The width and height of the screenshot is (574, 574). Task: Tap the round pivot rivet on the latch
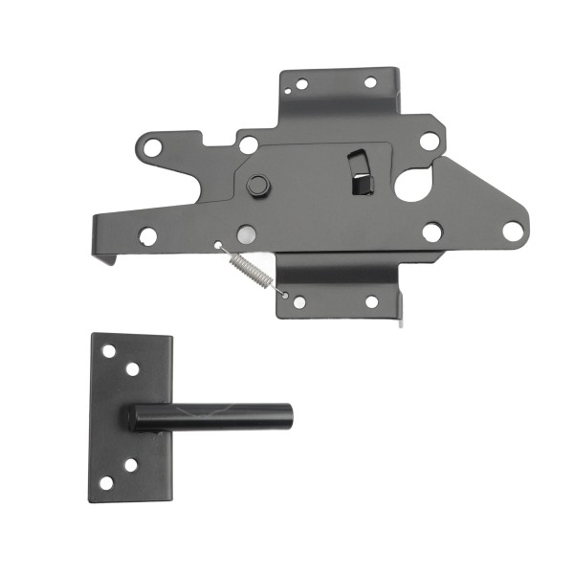[257, 185]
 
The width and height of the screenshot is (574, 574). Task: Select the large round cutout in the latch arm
[414, 184]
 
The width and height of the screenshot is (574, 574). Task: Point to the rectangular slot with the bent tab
[360, 172]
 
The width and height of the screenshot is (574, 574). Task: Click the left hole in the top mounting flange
[301, 84]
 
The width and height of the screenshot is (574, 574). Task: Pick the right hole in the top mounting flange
[369, 82]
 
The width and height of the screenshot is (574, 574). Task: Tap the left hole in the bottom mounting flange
[299, 302]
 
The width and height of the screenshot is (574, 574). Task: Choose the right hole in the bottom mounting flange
[370, 301]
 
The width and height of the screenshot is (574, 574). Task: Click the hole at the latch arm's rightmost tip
[513, 231]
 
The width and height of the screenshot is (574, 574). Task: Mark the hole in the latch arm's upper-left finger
[152, 147]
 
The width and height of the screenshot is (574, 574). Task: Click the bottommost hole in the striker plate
[106, 482]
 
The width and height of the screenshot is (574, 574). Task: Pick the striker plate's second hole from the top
[132, 368]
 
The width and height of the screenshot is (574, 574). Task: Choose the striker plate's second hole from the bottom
[130, 465]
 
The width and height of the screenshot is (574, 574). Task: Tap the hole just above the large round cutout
[429, 142]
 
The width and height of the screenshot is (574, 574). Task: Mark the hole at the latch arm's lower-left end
[147, 235]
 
